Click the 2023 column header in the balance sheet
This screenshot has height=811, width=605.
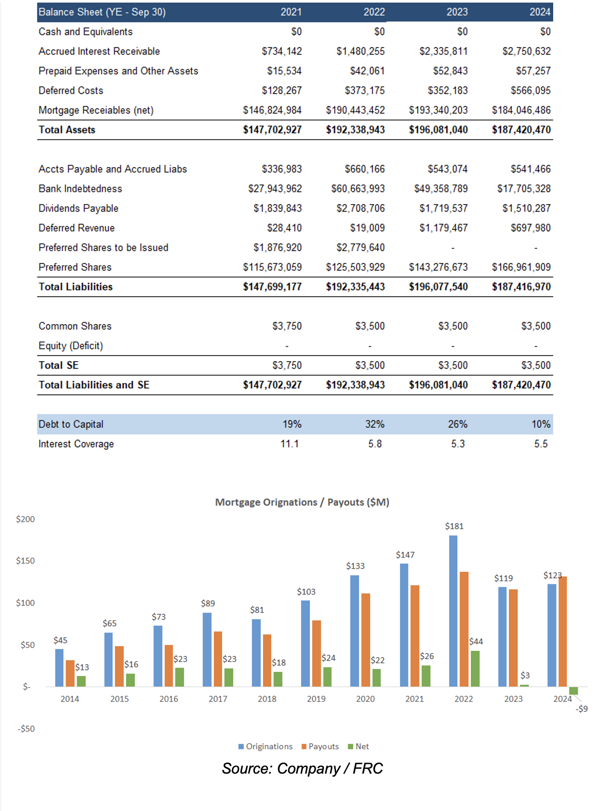457,12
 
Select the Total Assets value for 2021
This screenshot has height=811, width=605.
272,130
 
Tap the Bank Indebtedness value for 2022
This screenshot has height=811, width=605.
358,189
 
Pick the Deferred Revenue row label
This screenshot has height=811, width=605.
77,228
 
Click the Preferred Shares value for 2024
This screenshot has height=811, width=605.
521,267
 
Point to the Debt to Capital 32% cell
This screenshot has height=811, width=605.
374,424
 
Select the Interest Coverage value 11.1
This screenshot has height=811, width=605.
289,444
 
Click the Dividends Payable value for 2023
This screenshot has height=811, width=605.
443,208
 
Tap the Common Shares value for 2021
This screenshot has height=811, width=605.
287,326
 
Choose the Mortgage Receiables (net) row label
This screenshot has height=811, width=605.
96,110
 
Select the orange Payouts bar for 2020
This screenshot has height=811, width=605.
366,640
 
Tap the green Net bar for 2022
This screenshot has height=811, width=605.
475,669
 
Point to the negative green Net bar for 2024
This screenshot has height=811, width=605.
573,690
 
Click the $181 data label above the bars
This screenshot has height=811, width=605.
454,526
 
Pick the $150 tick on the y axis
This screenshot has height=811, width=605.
25,561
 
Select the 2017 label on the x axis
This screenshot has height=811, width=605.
218,699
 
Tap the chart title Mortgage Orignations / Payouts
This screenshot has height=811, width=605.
302,502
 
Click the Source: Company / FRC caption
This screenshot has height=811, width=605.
302,768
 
